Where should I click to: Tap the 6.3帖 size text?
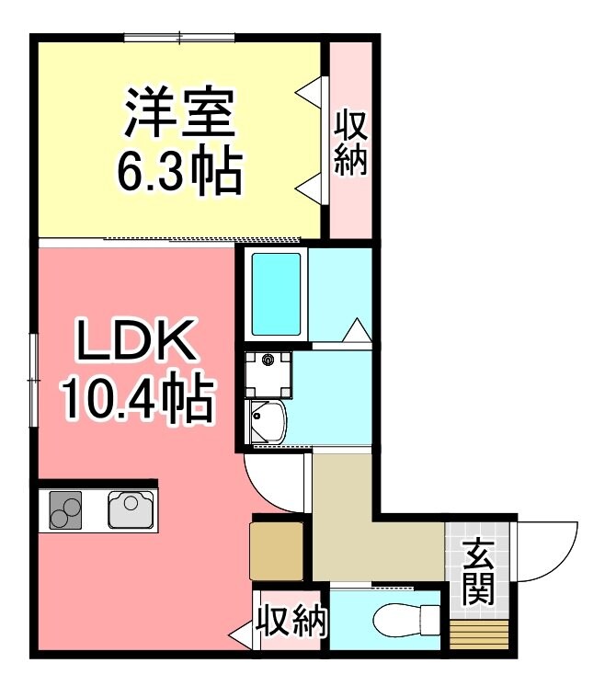[x=180, y=170]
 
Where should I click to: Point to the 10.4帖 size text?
[x=137, y=398]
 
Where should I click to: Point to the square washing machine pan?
[x=269, y=372]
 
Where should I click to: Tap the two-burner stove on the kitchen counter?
[x=64, y=509]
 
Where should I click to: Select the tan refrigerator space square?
[x=278, y=550]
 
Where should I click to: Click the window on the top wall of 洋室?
[x=180, y=37]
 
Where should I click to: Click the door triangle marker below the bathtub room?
[x=358, y=329]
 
